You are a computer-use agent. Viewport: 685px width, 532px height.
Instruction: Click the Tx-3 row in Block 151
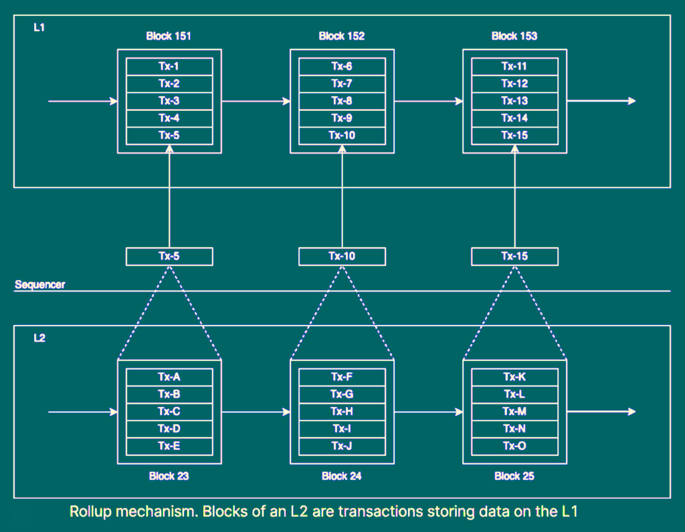[169, 101]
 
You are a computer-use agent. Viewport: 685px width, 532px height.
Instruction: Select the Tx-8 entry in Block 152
[342, 101]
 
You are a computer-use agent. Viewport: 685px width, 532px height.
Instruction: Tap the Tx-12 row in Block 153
[514, 84]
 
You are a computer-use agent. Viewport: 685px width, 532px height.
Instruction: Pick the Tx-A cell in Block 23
[169, 377]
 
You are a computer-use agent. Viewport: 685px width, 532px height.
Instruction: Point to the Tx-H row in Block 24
[342, 412]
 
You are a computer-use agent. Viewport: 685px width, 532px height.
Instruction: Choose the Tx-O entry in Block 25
[514, 446]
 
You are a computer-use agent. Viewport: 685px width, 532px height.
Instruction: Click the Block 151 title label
[169, 36]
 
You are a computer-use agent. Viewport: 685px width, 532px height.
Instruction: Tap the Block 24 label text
[342, 477]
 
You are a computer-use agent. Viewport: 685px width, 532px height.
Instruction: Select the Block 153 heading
[514, 36]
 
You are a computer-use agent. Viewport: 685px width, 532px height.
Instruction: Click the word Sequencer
[40, 285]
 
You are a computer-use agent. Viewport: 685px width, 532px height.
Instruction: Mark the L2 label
[39, 338]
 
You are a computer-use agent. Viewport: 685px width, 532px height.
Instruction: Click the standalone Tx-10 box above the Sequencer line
[342, 257]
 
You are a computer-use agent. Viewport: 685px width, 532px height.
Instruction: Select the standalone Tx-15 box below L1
[514, 257]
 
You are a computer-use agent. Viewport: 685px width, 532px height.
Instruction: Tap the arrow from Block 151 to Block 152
[255, 101]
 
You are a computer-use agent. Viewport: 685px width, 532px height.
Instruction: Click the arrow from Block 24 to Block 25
[428, 412]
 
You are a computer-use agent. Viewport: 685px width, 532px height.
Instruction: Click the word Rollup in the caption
[91, 512]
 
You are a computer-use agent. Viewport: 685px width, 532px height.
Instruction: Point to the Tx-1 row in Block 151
[169, 66]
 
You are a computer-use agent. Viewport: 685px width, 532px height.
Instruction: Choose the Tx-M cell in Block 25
[514, 412]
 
